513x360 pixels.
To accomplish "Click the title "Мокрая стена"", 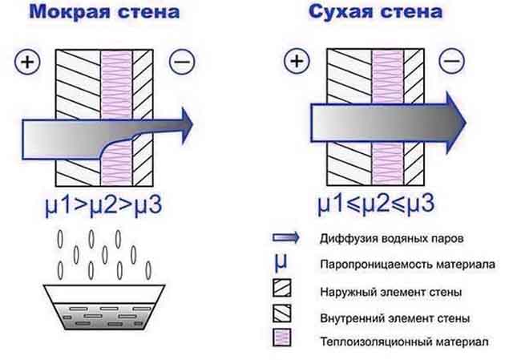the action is click(x=104, y=12).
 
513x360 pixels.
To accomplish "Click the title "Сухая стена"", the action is click(x=375, y=12).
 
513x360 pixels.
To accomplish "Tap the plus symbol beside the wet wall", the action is click(x=27, y=62).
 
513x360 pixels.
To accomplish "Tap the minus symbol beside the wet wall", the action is click(x=182, y=62).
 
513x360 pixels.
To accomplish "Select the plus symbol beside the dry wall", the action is click(x=297, y=61).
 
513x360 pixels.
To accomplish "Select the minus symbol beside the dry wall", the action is click(x=451, y=61).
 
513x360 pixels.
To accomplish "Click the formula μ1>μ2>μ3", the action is click(x=103, y=205).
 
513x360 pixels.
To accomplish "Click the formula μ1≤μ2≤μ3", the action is click(x=376, y=204).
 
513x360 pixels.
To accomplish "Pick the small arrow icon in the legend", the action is click(x=285, y=237).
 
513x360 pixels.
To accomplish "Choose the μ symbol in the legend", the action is click(x=281, y=262).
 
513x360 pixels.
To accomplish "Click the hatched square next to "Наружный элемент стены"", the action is click(x=281, y=288).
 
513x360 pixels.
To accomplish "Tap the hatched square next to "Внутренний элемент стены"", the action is click(x=281, y=313).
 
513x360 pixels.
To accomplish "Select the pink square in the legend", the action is click(x=281, y=338).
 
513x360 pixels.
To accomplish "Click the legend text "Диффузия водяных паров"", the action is click(x=392, y=238).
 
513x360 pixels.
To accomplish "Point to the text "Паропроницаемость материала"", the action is click(x=408, y=264).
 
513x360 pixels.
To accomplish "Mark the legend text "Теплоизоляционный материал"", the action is click(x=404, y=342).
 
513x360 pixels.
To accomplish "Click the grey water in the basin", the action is click(x=104, y=315).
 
